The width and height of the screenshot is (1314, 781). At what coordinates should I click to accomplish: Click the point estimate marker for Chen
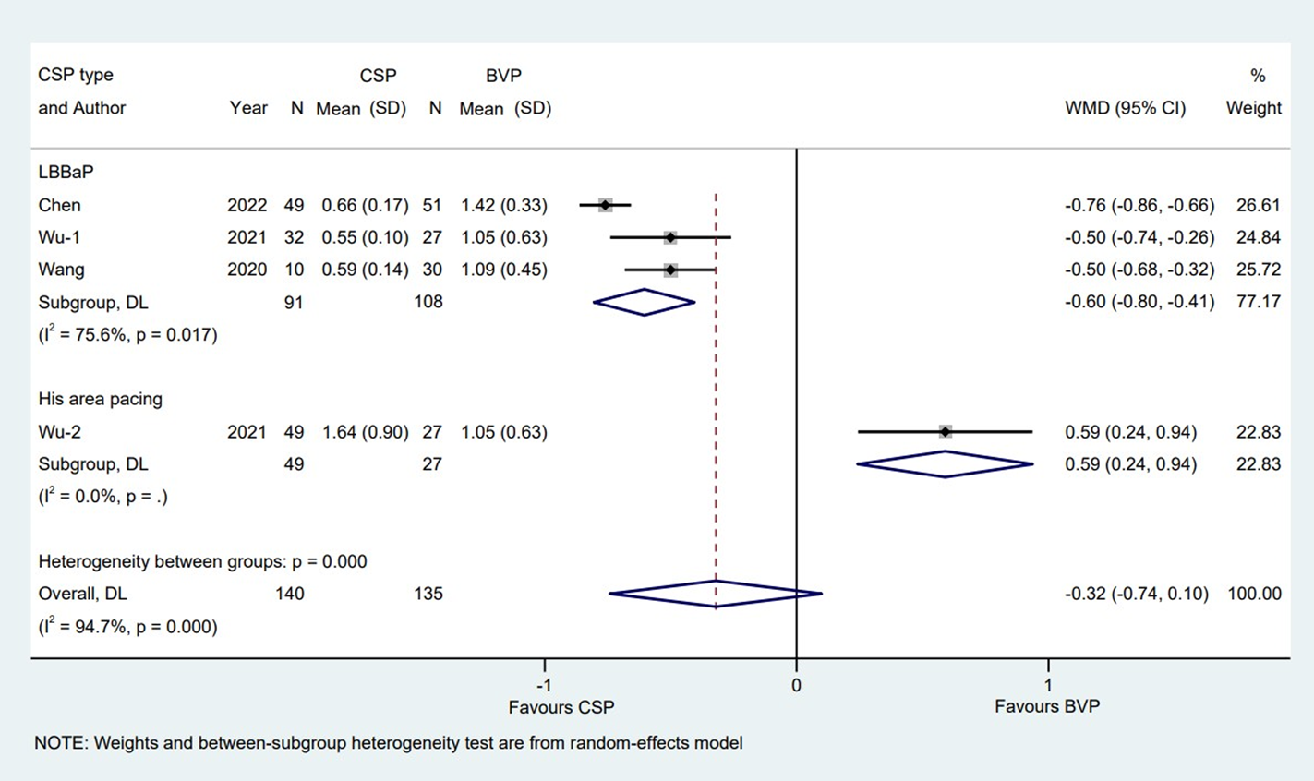[x=605, y=205]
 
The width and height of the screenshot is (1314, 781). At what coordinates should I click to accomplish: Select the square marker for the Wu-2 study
[x=945, y=431]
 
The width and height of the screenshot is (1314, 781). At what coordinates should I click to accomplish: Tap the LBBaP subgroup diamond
[x=644, y=302]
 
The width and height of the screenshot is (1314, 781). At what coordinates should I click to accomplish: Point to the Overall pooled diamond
[x=716, y=594]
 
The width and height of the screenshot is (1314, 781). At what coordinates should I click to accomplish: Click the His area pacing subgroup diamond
[x=945, y=464]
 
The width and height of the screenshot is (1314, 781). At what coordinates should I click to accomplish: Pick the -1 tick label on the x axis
[x=544, y=686]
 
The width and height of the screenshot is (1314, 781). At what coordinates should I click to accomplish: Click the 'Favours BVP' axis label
[x=1046, y=707]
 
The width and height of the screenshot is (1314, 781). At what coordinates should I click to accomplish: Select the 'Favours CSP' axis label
[x=561, y=708]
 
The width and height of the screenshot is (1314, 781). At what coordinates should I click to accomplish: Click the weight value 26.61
[x=1258, y=205]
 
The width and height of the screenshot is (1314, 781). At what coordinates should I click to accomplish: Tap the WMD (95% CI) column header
[x=1125, y=108]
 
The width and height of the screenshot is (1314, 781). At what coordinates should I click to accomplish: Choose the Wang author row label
[x=61, y=270]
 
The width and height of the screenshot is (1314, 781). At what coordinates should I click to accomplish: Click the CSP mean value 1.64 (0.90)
[x=365, y=432]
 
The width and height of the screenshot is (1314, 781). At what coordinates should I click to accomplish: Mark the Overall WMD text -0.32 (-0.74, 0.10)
[x=1136, y=594]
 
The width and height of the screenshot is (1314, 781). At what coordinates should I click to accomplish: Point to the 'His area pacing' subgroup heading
[x=100, y=399]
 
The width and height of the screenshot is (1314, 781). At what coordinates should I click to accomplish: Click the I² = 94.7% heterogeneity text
[x=127, y=627]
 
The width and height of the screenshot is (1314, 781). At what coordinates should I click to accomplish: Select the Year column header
[x=247, y=108]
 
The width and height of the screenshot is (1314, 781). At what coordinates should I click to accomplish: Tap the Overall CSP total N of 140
[x=289, y=594]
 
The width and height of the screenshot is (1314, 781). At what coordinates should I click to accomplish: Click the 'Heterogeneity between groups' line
[x=202, y=561]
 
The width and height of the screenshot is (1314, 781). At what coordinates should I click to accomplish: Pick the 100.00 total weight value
[x=1254, y=594]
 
